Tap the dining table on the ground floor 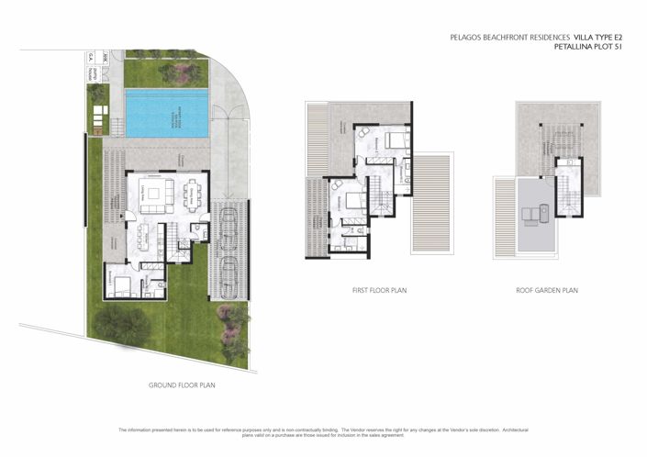(194, 195)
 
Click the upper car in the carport (229, 228)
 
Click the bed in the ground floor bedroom (122, 285)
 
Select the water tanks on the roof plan (531, 215)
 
